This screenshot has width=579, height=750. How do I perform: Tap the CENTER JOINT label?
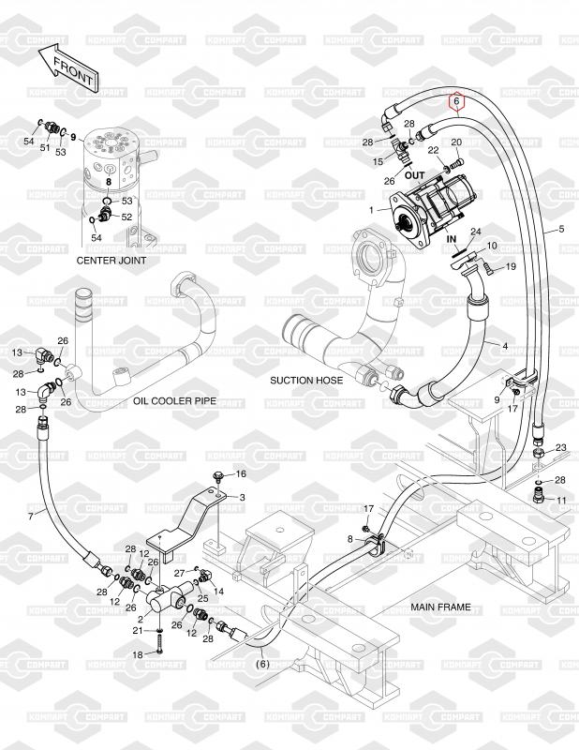(111, 261)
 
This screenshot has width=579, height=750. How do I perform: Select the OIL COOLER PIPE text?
(174, 401)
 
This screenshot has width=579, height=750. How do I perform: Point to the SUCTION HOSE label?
(306, 381)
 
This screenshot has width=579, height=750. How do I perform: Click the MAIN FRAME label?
(441, 607)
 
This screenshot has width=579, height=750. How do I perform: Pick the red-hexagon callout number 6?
(456, 101)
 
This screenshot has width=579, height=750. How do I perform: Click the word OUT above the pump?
(414, 175)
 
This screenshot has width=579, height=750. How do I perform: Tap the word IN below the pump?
(452, 239)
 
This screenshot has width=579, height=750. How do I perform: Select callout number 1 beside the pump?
(371, 210)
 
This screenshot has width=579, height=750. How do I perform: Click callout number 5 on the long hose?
(561, 229)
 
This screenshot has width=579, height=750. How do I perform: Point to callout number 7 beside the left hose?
(31, 517)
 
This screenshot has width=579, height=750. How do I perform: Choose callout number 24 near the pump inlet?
(475, 232)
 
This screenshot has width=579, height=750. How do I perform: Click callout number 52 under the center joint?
(126, 217)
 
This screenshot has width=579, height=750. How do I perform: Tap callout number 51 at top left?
(44, 148)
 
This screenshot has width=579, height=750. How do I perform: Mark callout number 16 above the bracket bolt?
(241, 473)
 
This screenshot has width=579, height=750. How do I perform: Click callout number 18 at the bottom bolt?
(137, 654)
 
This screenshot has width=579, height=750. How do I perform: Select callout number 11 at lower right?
(562, 501)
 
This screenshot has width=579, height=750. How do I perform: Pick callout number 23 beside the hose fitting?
(561, 448)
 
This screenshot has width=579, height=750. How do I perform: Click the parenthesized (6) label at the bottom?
(262, 664)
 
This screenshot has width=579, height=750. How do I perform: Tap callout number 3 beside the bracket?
(242, 498)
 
